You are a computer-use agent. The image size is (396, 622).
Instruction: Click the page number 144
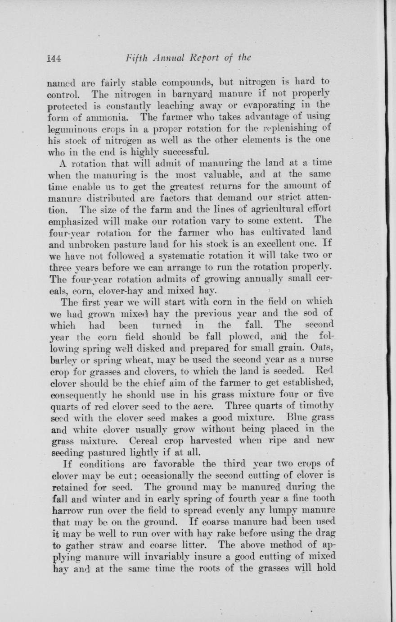tap(56, 58)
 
